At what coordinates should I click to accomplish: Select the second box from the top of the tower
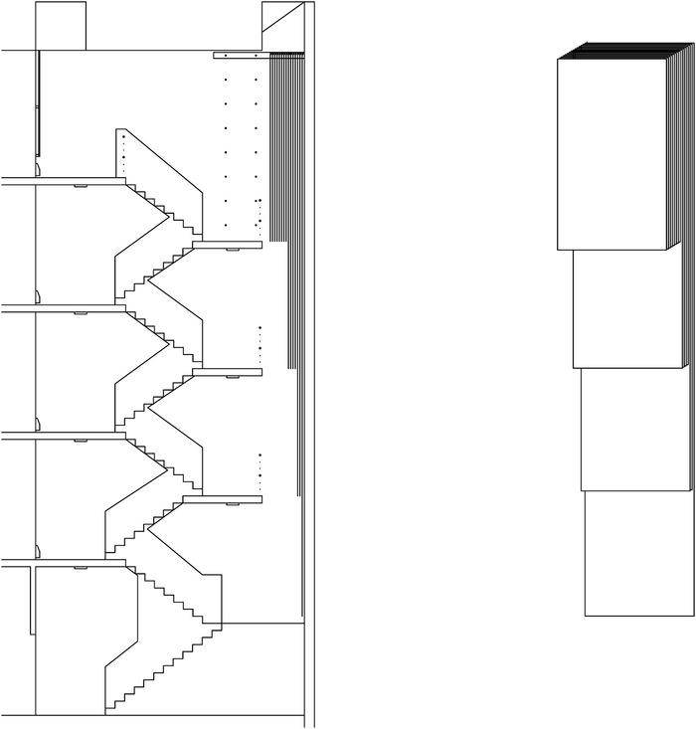point(629,308)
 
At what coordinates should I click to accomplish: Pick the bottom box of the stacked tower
point(638,553)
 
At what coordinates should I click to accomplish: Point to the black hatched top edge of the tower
point(626,52)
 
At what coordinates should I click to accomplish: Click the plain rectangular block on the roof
point(61,25)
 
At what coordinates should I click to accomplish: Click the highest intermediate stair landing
point(228,245)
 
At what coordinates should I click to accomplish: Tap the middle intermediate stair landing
point(228,373)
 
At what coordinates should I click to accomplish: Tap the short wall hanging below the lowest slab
point(33,602)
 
